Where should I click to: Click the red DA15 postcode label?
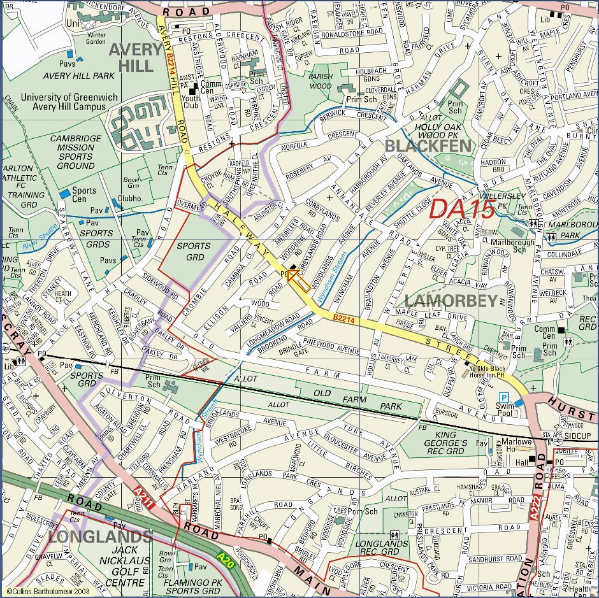pos(463,210)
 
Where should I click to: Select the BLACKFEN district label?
pos(429,146)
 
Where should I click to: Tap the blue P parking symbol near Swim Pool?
pos(503,397)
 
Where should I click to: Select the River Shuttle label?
pos(40,243)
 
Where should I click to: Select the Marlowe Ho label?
pos(516,442)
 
